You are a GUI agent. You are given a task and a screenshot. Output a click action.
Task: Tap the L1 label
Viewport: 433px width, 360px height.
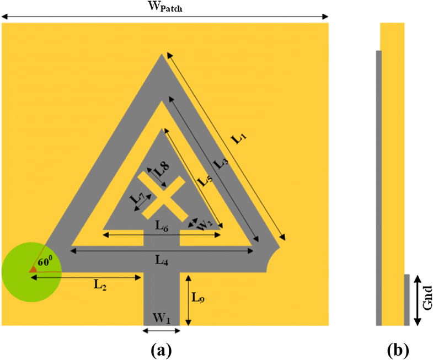point(239,138)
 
